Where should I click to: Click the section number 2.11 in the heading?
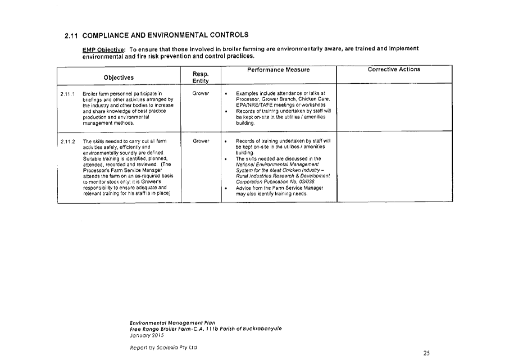pos(70,36)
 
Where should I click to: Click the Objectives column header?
pos(119,77)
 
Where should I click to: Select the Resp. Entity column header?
pos(201,78)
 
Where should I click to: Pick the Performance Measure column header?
pos(278,70)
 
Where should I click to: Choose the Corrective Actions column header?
pos(394,70)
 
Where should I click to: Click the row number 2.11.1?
pos(67,94)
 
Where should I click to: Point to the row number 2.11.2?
pos(67,142)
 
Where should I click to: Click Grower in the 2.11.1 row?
pos(201,93)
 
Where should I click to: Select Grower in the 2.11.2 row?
pos(201,141)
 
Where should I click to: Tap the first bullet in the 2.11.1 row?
pos(225,93)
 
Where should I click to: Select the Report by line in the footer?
pos(163,348)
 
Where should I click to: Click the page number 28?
pos(426,353)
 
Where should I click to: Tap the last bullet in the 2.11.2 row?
pos(225,188)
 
